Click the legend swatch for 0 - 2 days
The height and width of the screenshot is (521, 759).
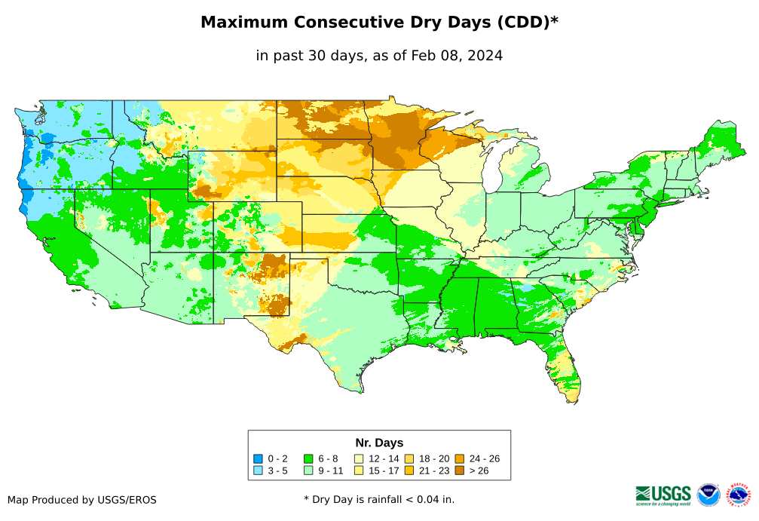point(258,458)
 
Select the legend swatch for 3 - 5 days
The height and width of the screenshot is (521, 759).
point(258,470)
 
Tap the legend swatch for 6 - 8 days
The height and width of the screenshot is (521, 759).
point(308,458)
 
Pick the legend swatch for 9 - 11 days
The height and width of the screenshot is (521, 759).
point(308,470)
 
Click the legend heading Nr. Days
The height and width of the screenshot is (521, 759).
point(379,443)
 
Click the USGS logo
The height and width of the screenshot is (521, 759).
point(663,495)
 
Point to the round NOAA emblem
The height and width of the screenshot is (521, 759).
point(709,495)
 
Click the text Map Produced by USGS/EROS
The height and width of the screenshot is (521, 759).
point(82,500)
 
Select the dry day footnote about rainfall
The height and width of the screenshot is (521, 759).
point(379,499)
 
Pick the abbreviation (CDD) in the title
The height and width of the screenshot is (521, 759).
point(521,23)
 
